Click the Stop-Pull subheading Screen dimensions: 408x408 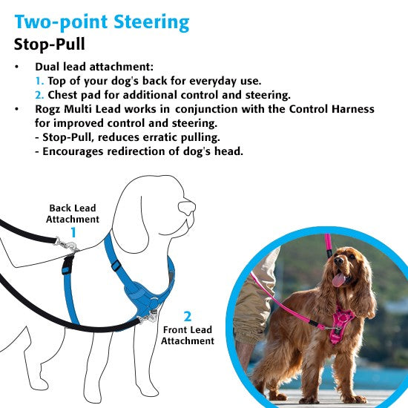pyautogui.click(x=53, y=43)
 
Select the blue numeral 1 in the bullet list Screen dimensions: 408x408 pyautogui.click(x=39, y=81)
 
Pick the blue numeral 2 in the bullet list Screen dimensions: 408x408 pyautogui.click(x=39, y=95)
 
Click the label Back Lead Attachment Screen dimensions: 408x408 pyautogui.click(x=73, y=214)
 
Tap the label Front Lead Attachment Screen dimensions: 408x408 pyautogui.click(x=188, y=335)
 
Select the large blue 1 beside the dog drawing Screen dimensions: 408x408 pyautogui.click(x=73, y=233)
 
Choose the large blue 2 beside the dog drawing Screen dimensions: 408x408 pyautogui.click(x=188, y=315)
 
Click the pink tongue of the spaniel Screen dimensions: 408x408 pyautogui.click(x=339, y=280)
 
